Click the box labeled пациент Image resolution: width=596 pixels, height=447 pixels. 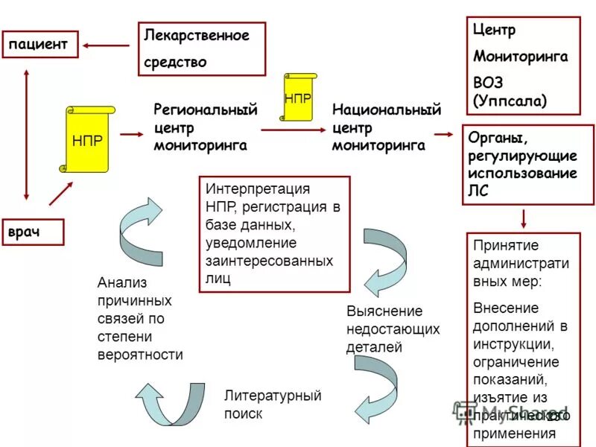[38, 45]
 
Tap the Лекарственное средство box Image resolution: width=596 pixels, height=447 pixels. [201, 48]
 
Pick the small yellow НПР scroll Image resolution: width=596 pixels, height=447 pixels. [297, 97]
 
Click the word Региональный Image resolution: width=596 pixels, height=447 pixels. [205, 111]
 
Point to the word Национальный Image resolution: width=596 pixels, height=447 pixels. [387, 111]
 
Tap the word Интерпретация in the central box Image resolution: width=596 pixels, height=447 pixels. [258, 189]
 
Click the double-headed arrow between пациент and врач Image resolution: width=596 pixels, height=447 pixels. [27, 134]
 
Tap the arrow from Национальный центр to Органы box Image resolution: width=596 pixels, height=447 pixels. [444, 134]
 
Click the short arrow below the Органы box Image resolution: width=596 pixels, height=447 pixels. [524, 218]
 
